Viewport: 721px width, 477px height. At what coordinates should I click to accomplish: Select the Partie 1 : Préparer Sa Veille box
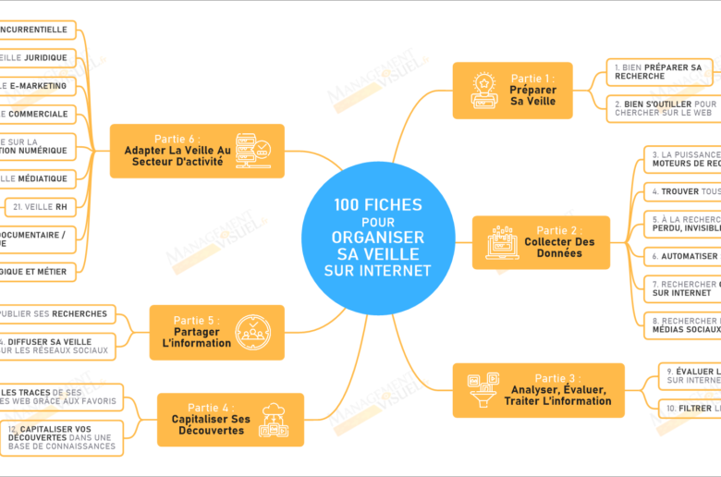coord(512,91)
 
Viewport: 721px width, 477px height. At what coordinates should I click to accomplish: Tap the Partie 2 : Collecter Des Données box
coord(541,242)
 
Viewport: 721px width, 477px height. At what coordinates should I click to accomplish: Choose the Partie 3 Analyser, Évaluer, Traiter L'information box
coord(538,389)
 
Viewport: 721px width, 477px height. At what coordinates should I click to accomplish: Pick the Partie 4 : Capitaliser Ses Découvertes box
coord(230,419)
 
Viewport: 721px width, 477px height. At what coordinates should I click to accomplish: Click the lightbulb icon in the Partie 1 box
coord(483,91)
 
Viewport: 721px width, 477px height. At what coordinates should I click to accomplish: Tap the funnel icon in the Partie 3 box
coord(483,389)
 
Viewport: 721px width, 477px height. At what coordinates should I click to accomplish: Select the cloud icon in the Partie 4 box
coord(275,420)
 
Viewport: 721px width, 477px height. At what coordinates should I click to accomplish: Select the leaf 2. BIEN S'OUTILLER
coord(663,109)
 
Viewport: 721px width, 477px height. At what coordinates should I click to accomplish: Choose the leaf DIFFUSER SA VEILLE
coord(57,346)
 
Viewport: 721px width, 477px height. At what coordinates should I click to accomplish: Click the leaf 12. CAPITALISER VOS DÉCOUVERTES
coord(62,438)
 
